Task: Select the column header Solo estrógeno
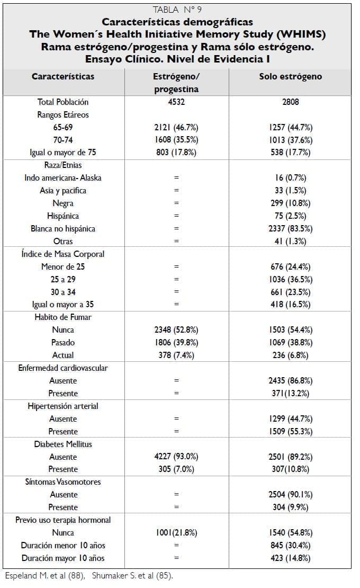[290, 76]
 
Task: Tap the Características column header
[63, 76]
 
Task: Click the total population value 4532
[176, 102]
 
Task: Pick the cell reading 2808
[290, 102]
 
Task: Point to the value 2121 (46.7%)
[176, 127]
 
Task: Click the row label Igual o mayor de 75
[63, 153]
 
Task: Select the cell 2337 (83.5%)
[290, 229]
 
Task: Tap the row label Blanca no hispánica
[63, 229]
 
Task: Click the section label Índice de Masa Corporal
[63, 254]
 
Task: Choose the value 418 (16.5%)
[290, 305]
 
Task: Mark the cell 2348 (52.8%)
[176, 330]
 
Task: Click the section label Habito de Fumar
[63, 317]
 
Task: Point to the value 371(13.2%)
[290, 394]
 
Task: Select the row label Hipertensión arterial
[63, 406]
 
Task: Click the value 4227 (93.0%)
[176, 457]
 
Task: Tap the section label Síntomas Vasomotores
[63, 482]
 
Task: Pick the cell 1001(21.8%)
[176, 533]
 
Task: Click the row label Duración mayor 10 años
[63, 558]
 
